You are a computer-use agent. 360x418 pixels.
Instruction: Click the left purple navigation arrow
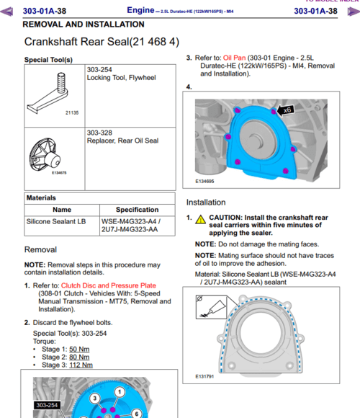coord(6,12)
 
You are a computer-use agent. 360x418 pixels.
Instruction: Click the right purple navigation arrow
coord(354,12)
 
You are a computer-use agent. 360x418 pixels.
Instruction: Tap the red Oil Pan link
coord(234,58)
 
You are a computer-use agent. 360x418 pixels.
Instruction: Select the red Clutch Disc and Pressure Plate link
coord(109,285)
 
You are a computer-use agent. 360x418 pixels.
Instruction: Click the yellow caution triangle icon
coord(200,219)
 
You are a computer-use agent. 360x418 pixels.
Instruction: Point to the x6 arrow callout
coord(285,110)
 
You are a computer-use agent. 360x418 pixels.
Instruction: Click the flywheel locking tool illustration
coord(49,93)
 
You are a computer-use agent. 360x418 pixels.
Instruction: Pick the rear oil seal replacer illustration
coord(45,155)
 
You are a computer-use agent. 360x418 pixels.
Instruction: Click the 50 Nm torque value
coord(79,350)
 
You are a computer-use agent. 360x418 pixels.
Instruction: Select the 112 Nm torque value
coord(81,365)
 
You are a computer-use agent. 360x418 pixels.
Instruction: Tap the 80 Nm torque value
coord(79,357)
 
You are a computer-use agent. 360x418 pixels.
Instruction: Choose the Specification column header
coord(137,210)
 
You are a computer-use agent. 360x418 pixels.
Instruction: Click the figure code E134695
coord(204,182)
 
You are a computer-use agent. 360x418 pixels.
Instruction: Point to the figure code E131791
coord(204,377)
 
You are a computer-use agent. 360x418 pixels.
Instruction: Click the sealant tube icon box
coord(211,307)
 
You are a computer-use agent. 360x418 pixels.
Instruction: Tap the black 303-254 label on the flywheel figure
coord(47,405)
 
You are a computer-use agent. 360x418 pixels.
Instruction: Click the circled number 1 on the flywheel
coord(120,392)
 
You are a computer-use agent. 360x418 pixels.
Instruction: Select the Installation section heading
coord(206,203)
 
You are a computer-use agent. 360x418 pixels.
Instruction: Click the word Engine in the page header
coord(140,10)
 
